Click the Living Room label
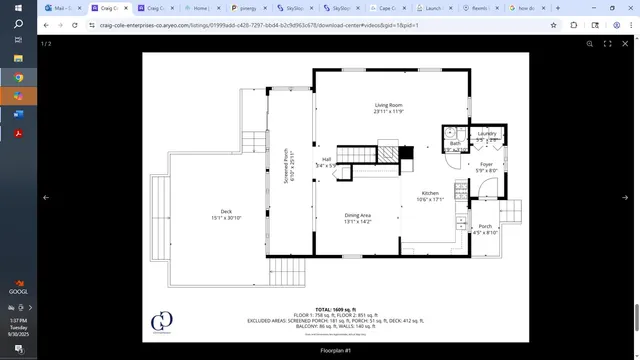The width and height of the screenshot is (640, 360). (388, 105)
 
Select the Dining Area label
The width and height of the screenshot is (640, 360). (358, 215)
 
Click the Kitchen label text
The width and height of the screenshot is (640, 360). (430, 192)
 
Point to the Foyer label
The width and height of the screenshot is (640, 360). (486, 164)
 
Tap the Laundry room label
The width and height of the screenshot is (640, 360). (487, 133)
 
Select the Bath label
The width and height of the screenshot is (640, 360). (454, 144)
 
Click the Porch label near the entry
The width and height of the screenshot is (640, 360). (485, 226)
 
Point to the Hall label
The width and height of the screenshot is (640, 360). (326, 159)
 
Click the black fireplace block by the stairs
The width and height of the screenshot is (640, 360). (406, 153)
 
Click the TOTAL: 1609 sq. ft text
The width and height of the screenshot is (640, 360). (335, 309)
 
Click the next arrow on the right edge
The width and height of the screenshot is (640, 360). (625, 197)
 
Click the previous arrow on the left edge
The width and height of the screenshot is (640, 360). (46, 197)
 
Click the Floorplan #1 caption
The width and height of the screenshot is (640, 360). (335, 351)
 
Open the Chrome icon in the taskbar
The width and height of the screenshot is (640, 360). (18, 77)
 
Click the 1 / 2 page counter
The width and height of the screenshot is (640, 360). (46, 44)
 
